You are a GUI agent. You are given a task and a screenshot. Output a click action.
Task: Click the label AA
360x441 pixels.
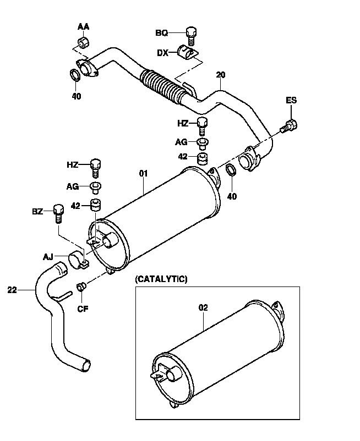(x=83, y=26)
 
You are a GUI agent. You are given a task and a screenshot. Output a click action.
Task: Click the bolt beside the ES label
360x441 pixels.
(x=289, y=127)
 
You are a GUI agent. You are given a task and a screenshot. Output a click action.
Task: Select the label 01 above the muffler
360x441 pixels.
(x=144, y=174)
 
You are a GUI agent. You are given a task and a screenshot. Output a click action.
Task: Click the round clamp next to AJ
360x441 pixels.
(x=77, y=258)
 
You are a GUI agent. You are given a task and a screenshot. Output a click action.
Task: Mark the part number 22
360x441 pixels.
(x=13, y=289)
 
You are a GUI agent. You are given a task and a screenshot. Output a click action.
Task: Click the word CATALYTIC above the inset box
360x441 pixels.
(x=161, y=279)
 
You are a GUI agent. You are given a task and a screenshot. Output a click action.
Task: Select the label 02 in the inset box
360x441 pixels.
(x=203, y=308)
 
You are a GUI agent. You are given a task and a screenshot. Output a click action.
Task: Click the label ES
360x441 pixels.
(x=291, y=100)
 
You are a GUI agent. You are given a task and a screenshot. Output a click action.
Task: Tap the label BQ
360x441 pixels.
(x=161, y=33)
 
